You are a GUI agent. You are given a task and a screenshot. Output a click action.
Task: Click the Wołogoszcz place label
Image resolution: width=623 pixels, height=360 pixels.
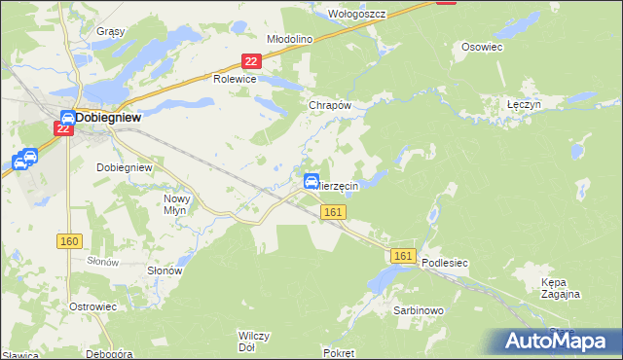pos(357,14)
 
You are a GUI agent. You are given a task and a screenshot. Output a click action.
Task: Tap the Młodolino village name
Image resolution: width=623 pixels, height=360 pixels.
pos(289,39)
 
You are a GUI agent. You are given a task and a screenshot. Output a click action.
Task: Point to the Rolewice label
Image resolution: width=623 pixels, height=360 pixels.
pos(234,80)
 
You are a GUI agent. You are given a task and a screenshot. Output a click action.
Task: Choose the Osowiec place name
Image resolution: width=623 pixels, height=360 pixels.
pos(481,46)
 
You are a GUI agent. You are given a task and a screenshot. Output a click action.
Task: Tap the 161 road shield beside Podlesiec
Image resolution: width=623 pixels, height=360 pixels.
pos(405,256)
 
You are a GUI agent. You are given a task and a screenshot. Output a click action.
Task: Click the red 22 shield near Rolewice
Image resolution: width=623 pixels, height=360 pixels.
pos(251,61)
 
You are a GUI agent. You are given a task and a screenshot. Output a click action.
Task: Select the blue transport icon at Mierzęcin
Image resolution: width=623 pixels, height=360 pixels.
pos(311,181)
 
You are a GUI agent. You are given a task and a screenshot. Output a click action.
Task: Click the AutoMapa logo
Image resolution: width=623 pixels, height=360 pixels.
pos(558,341)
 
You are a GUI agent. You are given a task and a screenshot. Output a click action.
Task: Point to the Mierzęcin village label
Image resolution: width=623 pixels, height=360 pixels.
pos(338,186)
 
